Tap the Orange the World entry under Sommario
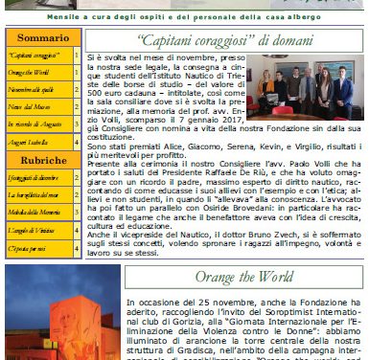29,71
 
